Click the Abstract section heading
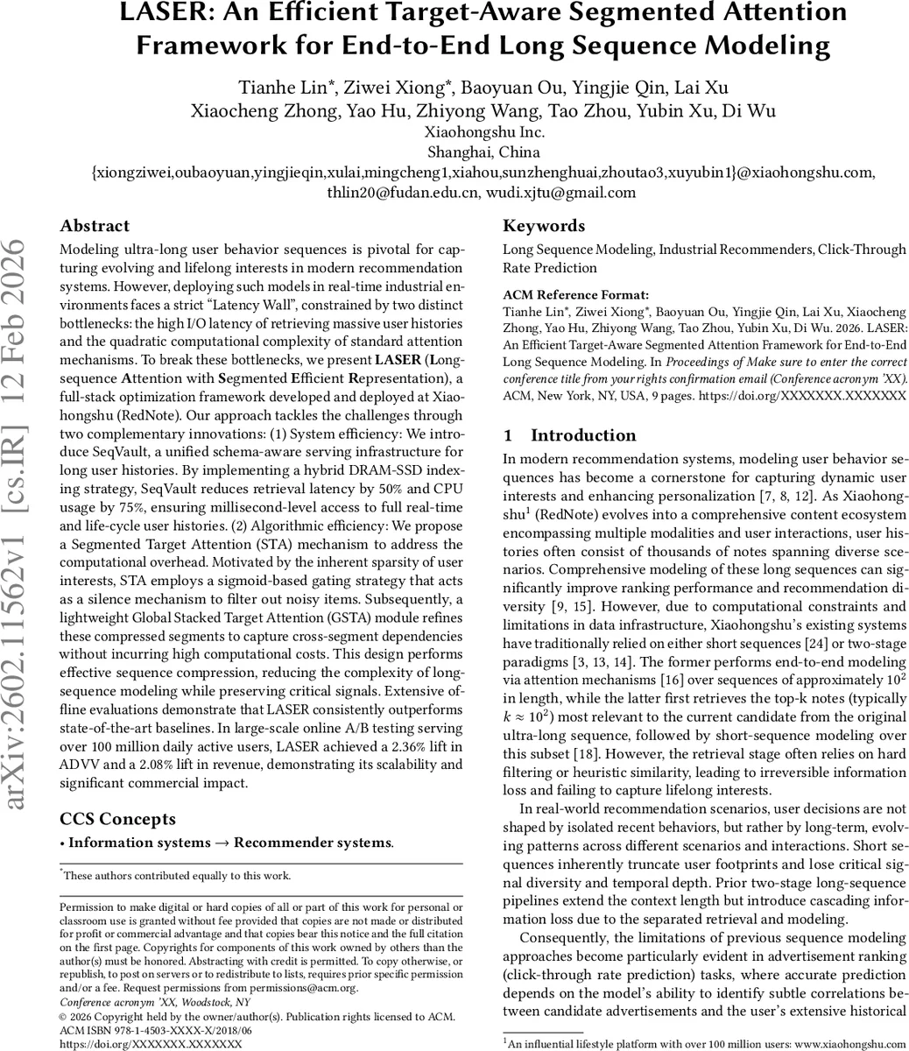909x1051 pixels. [x=95, y=226]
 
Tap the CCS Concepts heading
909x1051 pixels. [x=117, y=819]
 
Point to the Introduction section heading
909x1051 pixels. [x=583, y=435]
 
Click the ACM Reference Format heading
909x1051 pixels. [x=576, y=295]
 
